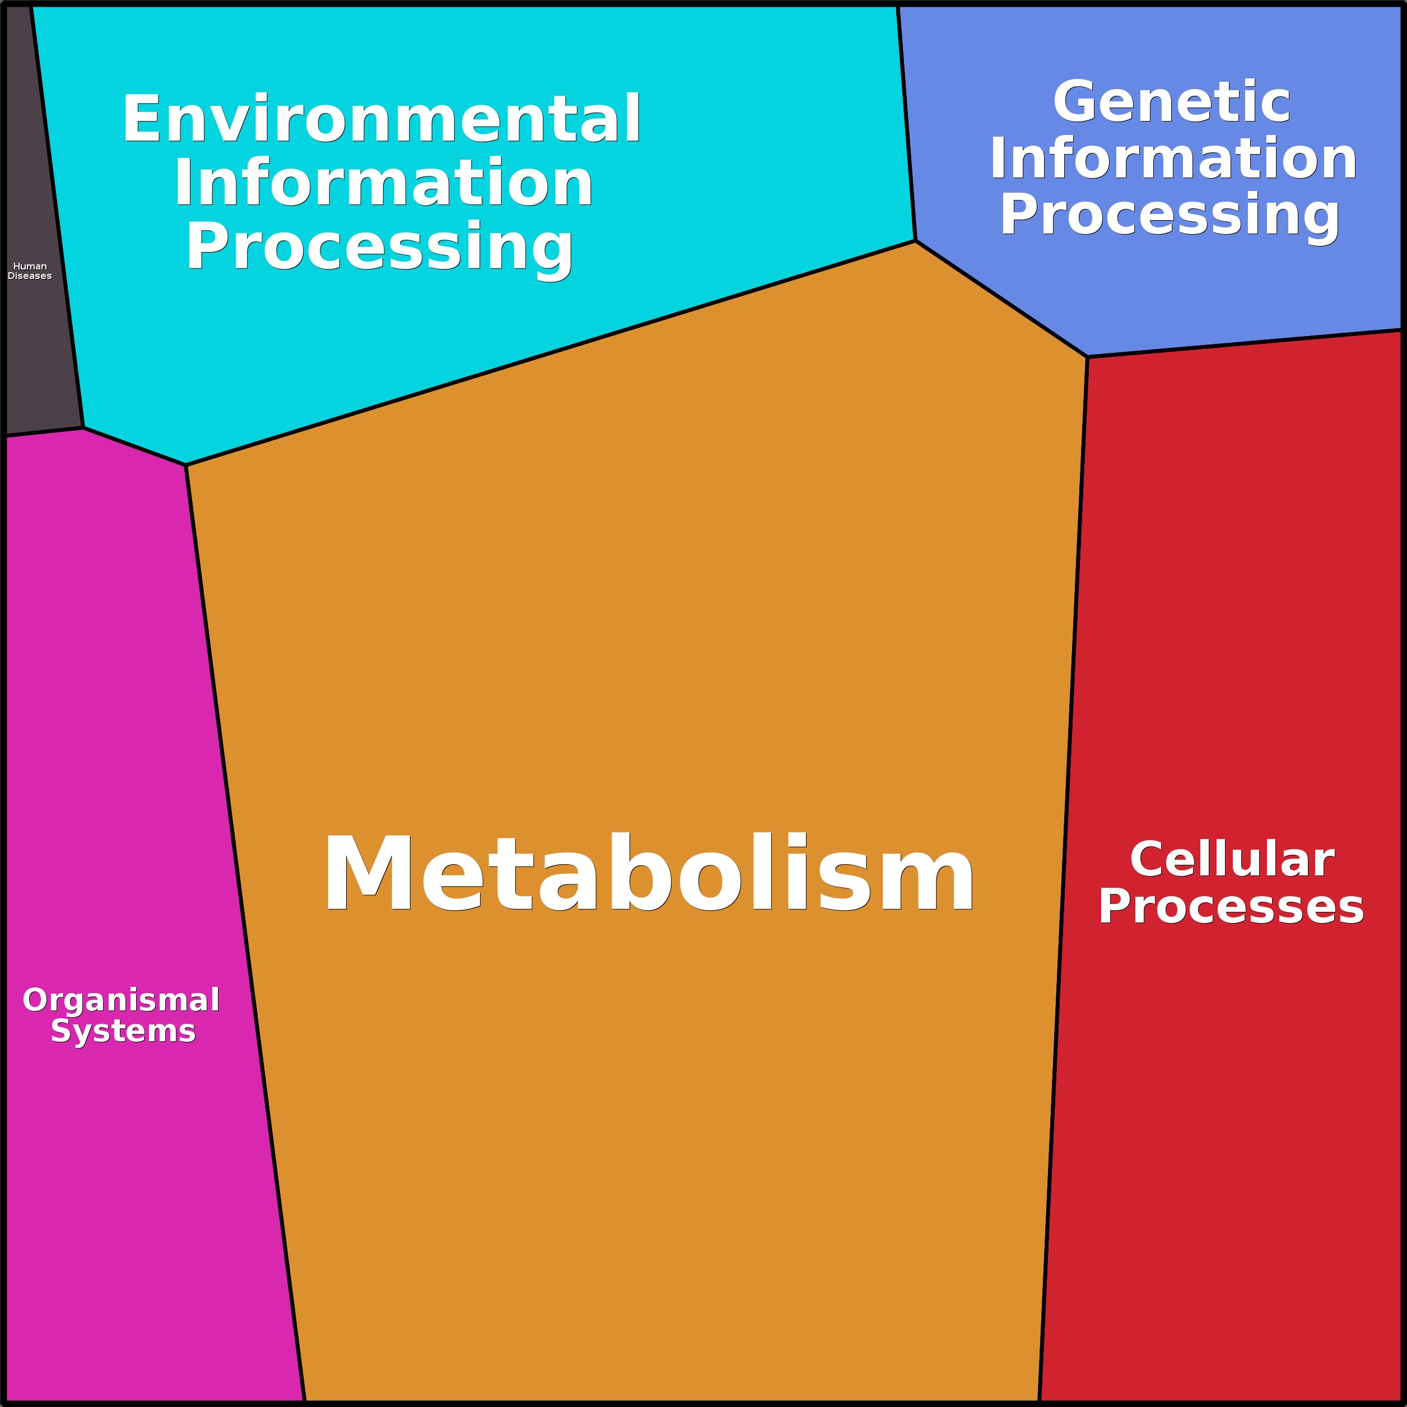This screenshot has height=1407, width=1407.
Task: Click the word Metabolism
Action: coord(648,872)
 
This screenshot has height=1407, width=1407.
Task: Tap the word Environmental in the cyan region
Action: coord(381,119)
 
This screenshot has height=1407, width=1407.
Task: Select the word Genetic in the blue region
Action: coord(1172,101)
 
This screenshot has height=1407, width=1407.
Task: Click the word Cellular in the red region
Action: coord(1232,859)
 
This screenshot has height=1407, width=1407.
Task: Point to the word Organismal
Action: coord(121,1000)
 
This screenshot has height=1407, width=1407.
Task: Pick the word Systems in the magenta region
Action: coord(123,1031)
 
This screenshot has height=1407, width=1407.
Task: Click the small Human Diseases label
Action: coord(30,271)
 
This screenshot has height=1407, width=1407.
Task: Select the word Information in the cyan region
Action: coord(383,182)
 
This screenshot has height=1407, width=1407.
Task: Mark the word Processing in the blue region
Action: coord(1170,216)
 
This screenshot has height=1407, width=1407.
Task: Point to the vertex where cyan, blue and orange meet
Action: coord(915,241)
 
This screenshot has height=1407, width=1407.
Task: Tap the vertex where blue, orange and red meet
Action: coord(1087,357)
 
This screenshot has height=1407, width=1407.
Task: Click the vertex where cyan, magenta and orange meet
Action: coord(186,465)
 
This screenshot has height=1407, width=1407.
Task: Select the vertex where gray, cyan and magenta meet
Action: coord(83,427)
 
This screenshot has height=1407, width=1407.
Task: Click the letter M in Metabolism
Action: coord(369,872)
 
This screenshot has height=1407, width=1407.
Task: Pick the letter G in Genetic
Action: coord(1077,101)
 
